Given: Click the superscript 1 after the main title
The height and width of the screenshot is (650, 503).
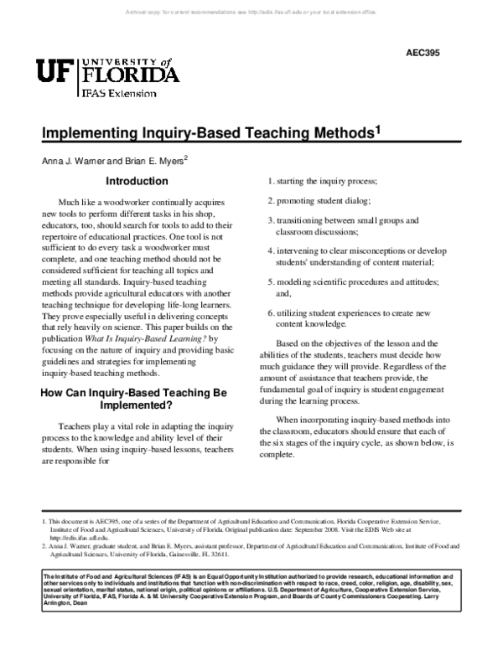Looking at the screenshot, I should pyautogui.click(x=378, y=130).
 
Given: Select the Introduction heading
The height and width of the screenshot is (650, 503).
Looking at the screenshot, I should pyautogui.click(x=136, y=181).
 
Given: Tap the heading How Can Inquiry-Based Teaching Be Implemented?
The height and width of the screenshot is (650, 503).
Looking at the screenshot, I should pyautogui.click(x=138, y=398).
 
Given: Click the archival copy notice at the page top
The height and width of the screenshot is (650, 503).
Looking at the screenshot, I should pyautogui.click(x=251, y=13).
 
